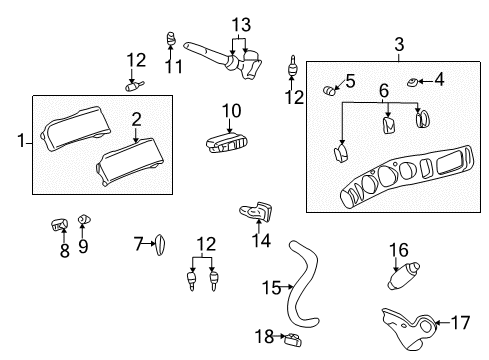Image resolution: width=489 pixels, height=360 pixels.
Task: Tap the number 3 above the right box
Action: (x=398, y=44)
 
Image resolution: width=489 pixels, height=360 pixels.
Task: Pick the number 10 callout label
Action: (x=232, y=108)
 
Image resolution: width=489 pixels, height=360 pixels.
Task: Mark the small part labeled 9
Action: (x=84, y=218)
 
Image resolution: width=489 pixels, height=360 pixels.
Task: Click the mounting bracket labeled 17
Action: (x=412, y=327)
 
